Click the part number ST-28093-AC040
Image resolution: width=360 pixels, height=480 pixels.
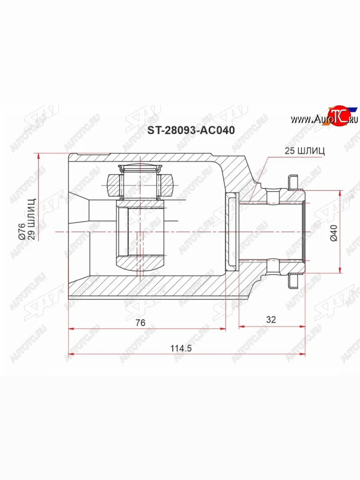(191, 130)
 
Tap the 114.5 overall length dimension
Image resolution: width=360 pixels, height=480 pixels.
(181, 348)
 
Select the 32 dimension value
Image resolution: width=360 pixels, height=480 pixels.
(271, 320)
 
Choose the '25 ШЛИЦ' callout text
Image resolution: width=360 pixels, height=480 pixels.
(304, 151)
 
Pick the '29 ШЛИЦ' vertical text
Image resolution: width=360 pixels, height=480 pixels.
(32, 219)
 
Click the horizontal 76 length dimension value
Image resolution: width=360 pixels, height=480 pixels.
(140, 322)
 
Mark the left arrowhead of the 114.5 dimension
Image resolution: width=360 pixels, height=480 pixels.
(72, 354)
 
